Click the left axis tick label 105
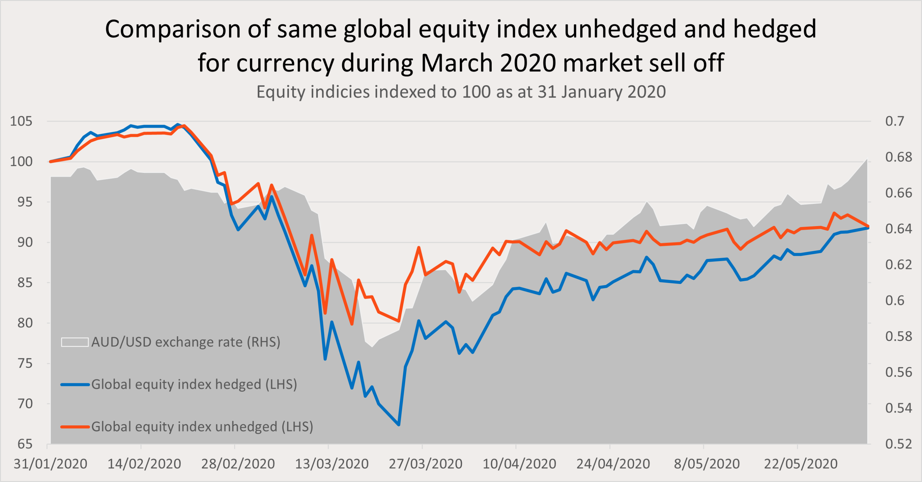point(21,121)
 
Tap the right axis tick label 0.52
point(898,444)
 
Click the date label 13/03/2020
point(331,464)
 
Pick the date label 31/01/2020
point(50,464)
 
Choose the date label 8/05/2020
point(707,464)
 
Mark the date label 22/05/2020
point(801,464)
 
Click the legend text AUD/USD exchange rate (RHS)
point(186,342)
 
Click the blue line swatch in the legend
point(75,384)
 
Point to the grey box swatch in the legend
point(75,342)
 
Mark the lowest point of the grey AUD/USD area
point(372,347)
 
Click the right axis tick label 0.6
point(894,301)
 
